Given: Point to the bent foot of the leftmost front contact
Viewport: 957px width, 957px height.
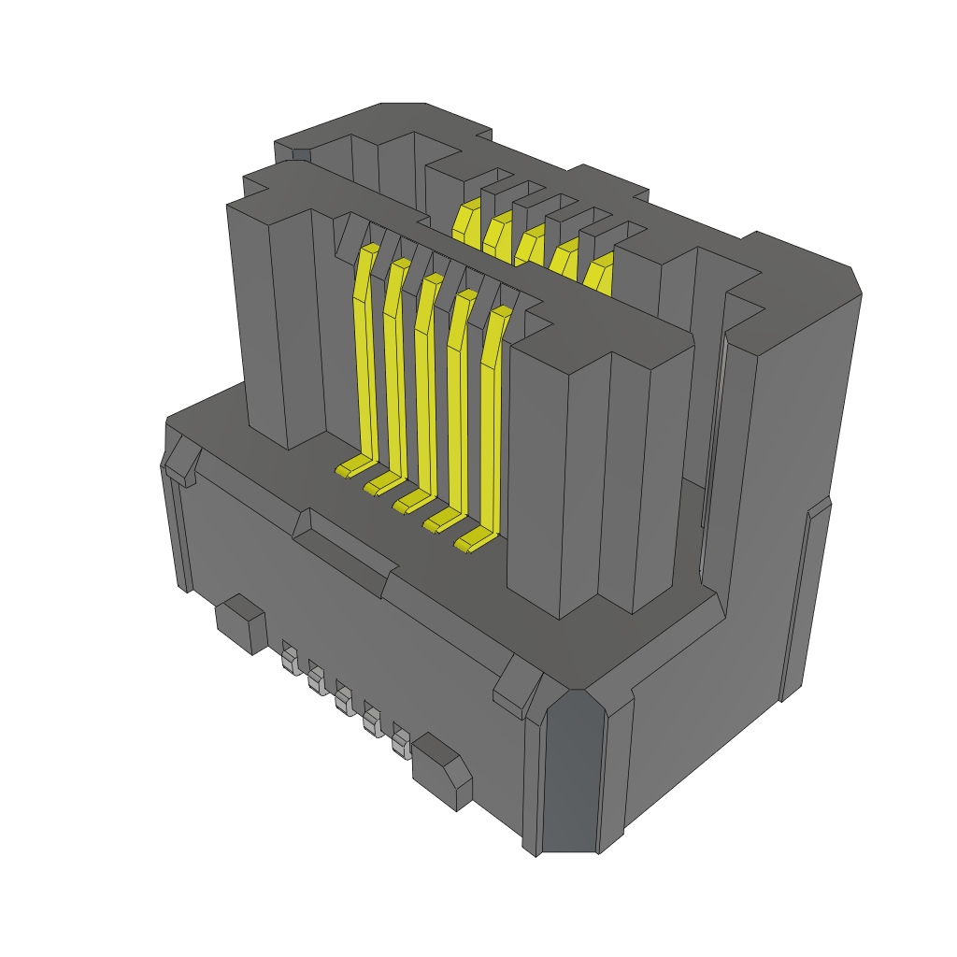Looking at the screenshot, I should point(351,466).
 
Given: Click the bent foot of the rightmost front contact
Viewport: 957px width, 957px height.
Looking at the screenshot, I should point(473,541).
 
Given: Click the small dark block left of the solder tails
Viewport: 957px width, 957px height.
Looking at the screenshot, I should point(240,622).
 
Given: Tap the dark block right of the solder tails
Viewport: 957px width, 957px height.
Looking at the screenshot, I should point(444,768).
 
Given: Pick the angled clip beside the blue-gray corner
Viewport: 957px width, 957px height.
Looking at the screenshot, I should point(515,687).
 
